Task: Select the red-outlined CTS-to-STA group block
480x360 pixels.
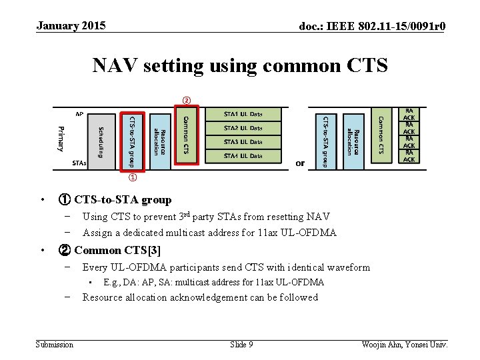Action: [132, 141]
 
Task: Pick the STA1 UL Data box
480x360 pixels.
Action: [243, 114]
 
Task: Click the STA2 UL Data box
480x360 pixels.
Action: [243, 128]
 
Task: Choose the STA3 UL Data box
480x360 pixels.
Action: [243, 142]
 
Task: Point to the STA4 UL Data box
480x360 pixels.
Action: [243, 156]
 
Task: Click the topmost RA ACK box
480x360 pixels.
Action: [409, 113]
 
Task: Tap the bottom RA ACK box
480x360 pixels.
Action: [409, 156]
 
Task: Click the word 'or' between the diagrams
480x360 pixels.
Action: [300, 163]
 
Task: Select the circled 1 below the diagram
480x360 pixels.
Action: [133, 178]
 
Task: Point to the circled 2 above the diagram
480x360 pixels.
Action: [187, 101]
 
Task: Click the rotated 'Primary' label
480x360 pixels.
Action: [61, 138]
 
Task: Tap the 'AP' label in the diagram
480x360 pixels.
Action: [79, 114]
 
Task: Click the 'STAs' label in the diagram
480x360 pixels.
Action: [79, 163]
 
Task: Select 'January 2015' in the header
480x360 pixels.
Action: [71, 26]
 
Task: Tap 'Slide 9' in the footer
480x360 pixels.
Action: [241, 344]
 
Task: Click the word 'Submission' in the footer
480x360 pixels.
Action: [54, 344]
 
